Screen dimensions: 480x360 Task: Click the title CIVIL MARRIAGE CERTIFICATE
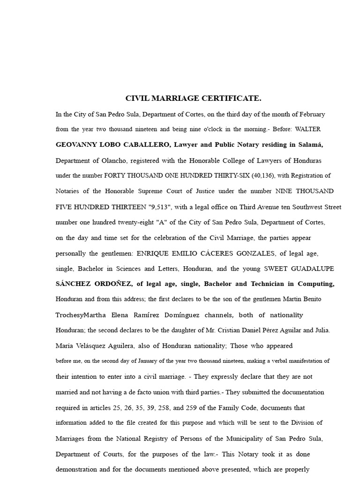coord(193,98)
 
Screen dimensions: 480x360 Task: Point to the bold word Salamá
coord(309,145)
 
